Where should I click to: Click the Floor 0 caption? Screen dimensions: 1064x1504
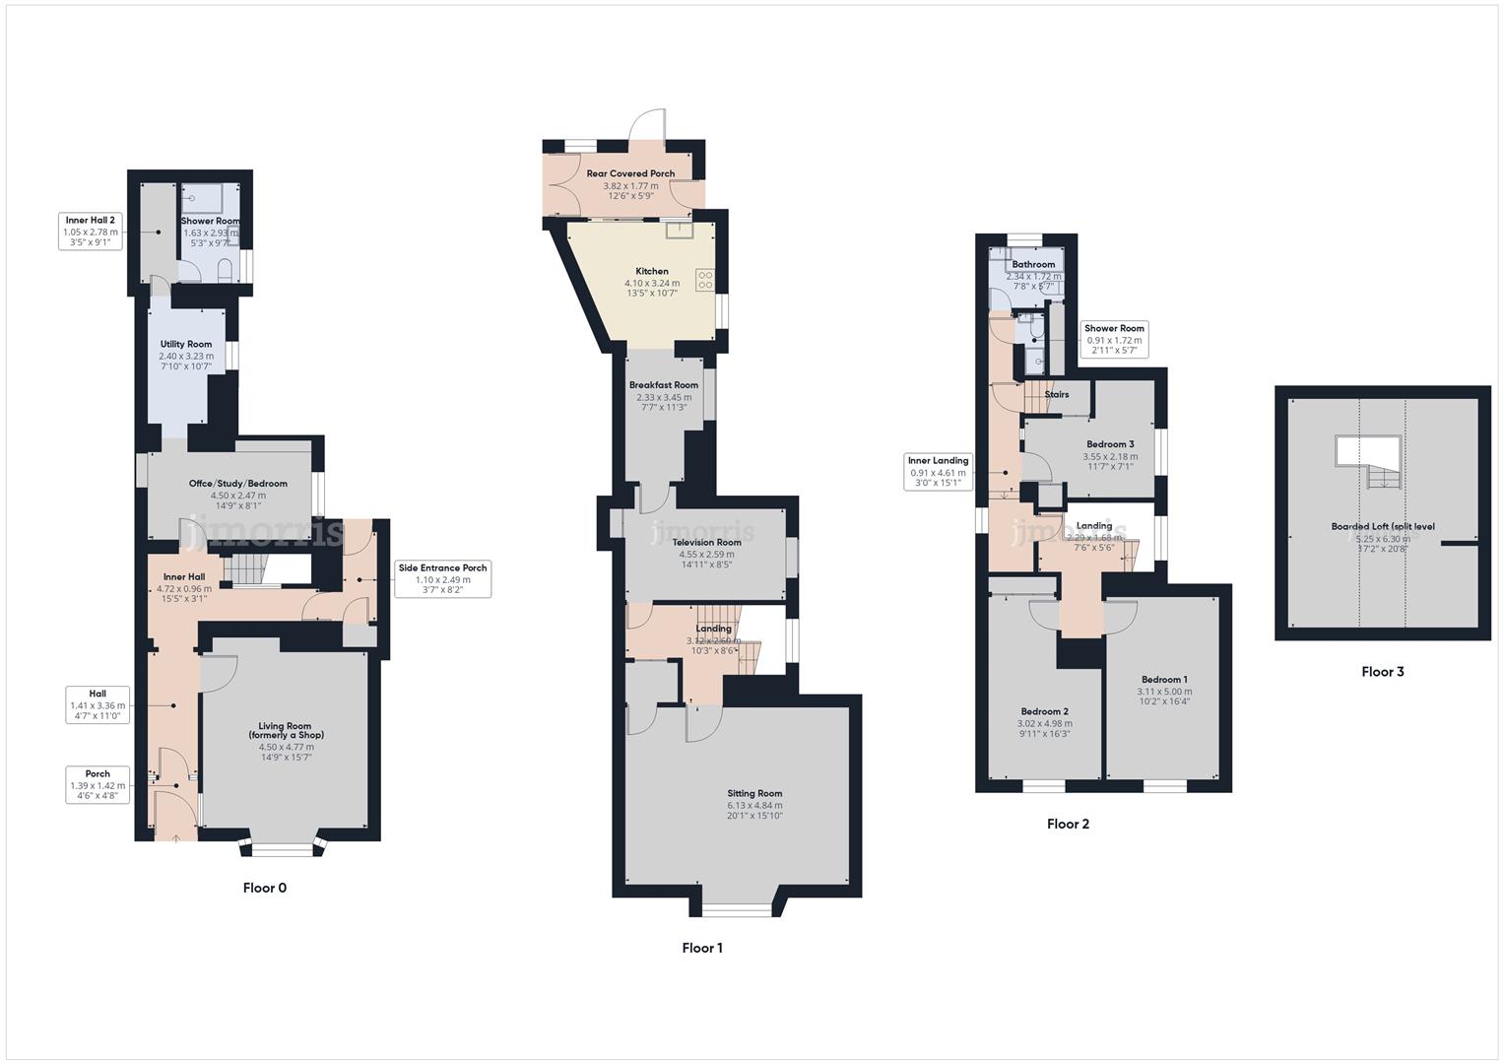(x=264, y=888)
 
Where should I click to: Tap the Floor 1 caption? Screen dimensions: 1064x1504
(x=702, y=948)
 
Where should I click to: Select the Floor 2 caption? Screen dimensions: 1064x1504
(x=1068, y=824)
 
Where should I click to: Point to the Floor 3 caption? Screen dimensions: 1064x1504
(x=1382, y=672)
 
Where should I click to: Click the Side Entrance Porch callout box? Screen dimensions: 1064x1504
(x=442, y=579)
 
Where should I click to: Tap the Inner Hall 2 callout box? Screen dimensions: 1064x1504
(x=91, y=232)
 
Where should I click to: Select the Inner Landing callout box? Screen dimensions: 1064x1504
(x=938, y=472)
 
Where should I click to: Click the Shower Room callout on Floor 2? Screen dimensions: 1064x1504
(x=1114, y=340)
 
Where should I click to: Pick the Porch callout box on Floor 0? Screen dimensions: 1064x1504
(x=98, y=785)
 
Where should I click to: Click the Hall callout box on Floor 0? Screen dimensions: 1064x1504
(x=98, y=704)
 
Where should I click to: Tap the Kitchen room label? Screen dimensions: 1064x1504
(x=652, y=272)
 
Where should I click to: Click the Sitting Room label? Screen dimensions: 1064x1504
(x=754, y=794)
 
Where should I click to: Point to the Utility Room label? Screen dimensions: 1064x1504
(x=186, y=345)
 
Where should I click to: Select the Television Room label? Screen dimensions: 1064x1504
(x=706, y=543)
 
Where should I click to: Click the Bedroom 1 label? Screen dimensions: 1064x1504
(x=1164, y=680)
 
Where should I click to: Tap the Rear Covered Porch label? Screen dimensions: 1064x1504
(x=630, y=174)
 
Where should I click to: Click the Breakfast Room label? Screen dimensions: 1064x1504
(x=664, y=385)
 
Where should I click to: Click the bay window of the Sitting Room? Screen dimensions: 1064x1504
(x=738, y=908)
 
